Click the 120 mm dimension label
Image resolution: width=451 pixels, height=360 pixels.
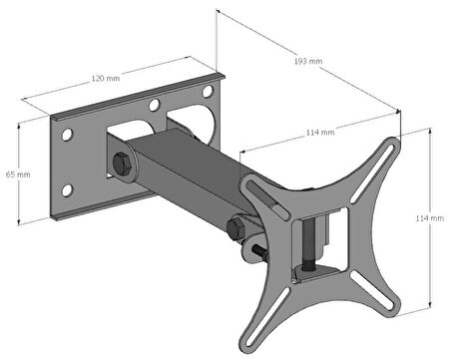(106, 79)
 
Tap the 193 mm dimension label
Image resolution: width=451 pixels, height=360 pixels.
(308, 61)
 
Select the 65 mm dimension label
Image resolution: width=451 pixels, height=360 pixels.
(18, 175)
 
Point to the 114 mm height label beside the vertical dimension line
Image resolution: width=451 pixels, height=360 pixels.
(430, 218)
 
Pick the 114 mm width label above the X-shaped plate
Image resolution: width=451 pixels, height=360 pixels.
(320, 133)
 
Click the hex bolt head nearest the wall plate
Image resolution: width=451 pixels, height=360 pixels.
(122, 165)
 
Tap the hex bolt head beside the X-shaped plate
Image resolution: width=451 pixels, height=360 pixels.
(236, 228)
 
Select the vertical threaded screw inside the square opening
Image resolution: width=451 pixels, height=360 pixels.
(308, 242)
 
